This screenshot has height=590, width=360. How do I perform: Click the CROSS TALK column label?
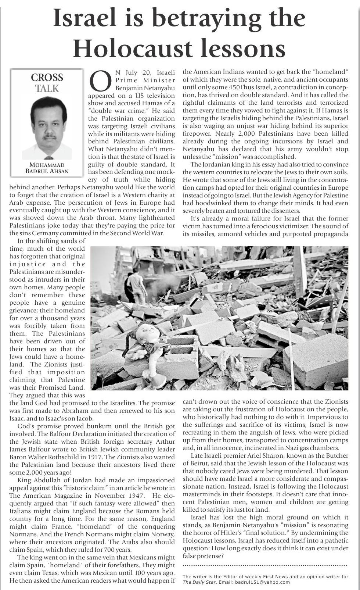tap(47, 83)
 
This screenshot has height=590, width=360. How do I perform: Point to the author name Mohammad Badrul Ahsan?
tap(47, 168)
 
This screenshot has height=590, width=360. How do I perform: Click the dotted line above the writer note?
tap(265, 565)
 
